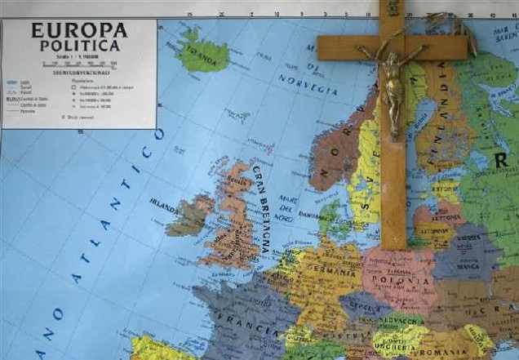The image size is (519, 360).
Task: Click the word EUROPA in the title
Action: click(79, 31)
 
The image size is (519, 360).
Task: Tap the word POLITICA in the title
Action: click(79, 46)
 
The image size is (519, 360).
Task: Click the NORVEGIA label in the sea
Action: click(308, 84)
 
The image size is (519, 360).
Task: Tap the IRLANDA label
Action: click(165, 202)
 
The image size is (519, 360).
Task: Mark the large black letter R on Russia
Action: click(501, 160)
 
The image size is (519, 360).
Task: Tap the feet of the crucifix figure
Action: click(395, 131)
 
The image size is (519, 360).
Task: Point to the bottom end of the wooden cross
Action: click(394, 245)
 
